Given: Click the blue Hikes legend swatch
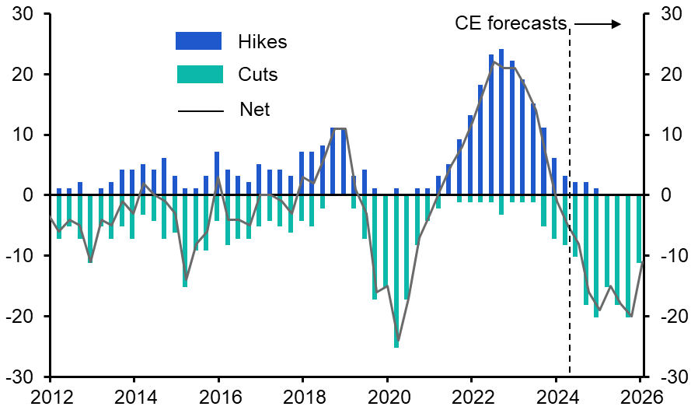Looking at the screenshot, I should [x=199, y=41].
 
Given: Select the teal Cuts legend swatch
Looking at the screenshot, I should [x=199, y=75].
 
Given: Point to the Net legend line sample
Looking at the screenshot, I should [x=199, y=110].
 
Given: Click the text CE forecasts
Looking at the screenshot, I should [x=511, y=24].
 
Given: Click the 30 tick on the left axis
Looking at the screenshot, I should [x=23, y=14].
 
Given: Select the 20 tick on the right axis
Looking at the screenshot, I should [x=669, y=75].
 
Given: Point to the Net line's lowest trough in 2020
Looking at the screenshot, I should [x=397, y=341].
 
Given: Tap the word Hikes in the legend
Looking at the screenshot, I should [x=263, y=42].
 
